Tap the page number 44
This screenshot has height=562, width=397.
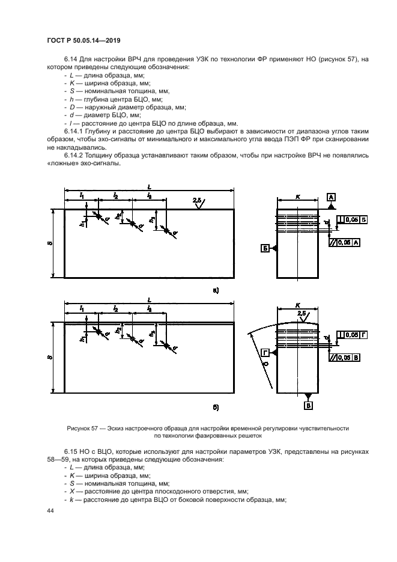click(x=50, y=510)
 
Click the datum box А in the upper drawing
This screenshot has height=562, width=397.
click(x=332, y=197)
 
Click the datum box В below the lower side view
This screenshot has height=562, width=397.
click(x=309, y=406)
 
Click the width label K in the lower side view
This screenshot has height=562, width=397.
click(x=299, y=305)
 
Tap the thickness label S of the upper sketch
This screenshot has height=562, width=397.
click(x=50, y=243)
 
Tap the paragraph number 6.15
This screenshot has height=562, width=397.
click(x=71, y=450)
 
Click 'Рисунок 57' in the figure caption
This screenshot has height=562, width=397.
click(x=83, y=428)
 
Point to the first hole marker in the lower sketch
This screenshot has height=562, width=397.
click(x=97, y=331)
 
